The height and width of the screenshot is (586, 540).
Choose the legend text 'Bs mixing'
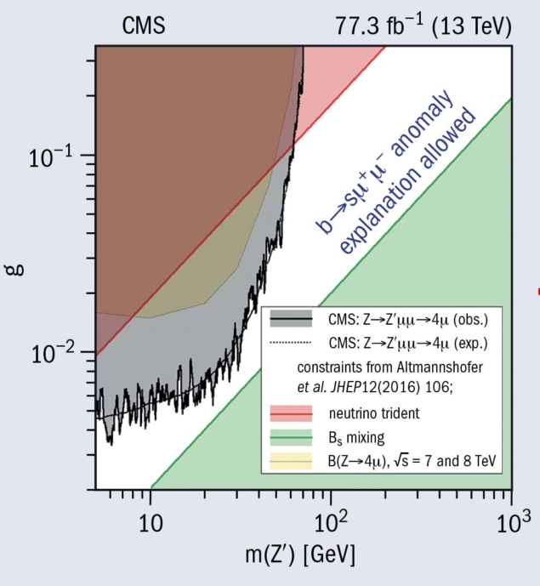coord(355,439)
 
